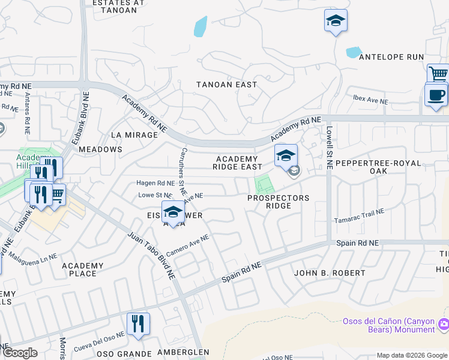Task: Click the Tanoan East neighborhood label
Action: [x=227, y=85]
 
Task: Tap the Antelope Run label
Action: [x=391, y=57]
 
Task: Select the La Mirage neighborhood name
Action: [x=134, y=135]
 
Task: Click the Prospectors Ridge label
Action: [x=279, y=202]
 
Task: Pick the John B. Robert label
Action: [x=330, y=273]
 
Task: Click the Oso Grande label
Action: [x=125, y=353]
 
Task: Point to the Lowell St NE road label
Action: [x=329, y=148]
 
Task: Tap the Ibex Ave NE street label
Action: [x=370, y=100]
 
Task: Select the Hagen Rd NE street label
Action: [x=155, y=182]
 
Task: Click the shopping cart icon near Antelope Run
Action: [x=439, y=74]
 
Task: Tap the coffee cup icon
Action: [x=435, y=95]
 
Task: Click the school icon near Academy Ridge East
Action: [x=286, y=155]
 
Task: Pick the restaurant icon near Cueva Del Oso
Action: [x=138, y=323]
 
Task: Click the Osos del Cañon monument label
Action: [x=388, y=325]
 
